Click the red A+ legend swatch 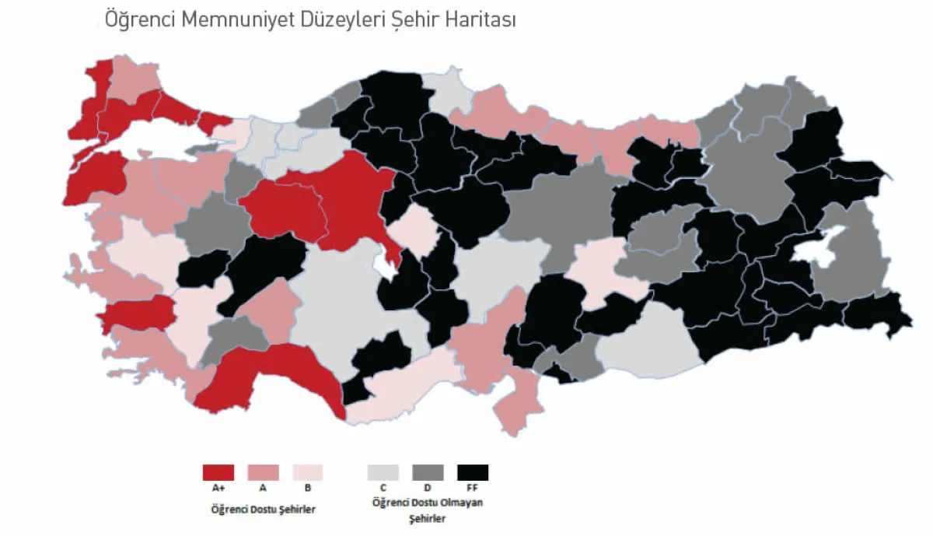pos(218,472)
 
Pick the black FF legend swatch pos(473,472)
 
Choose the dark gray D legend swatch pos(428,472)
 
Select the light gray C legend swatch pos(383,472)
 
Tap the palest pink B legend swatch pos(308,472)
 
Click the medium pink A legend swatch pos(263,472)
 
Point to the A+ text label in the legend pos(218,489)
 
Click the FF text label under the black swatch pos(473,489)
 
